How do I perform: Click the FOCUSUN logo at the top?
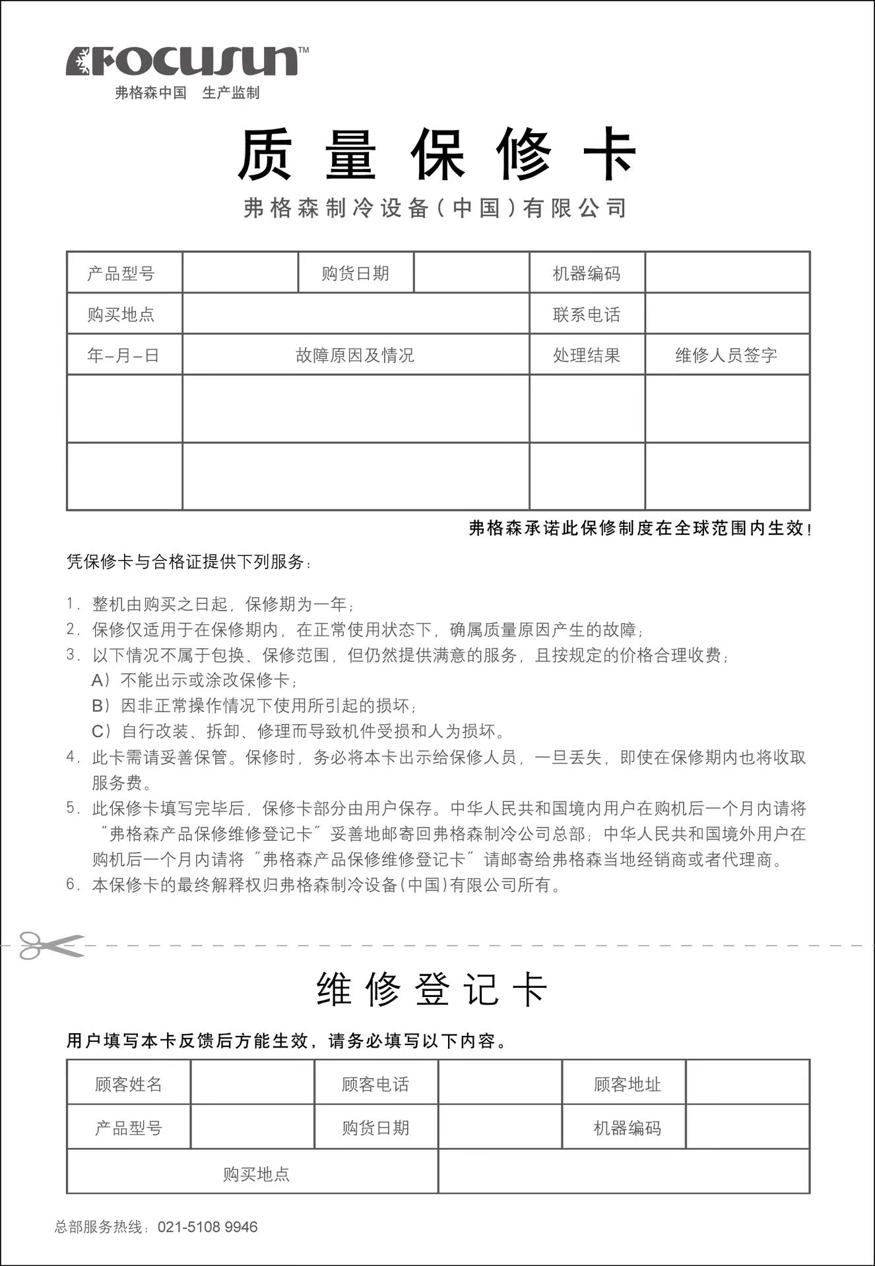[x=187, y=61]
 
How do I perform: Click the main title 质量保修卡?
[x=436, y=154]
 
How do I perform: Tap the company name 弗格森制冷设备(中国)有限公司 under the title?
[x=435, y=208]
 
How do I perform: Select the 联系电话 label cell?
[x=587, y=315]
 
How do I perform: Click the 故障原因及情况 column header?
[x=355, y=355]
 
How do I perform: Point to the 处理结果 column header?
[x=587, y=355]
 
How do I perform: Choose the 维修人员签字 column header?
[x=726, y=355]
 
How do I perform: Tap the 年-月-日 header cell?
[x=123, y=355]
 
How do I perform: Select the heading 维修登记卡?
[x=432, y=990]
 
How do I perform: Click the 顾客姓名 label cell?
[x=128, y=1084]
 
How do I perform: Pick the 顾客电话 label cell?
[x=375, y=1084]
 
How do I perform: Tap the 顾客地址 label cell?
[x=627, y=1084]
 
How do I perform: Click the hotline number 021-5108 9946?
[x=207, y=1227]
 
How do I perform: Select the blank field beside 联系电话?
[x=727, y=314]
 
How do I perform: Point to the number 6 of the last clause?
[x=71, y=884]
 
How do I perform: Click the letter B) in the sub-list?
[x=101, y=706]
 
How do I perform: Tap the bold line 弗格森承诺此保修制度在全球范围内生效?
[x=637, y=528]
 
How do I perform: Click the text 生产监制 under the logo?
[x=231, y=93]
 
